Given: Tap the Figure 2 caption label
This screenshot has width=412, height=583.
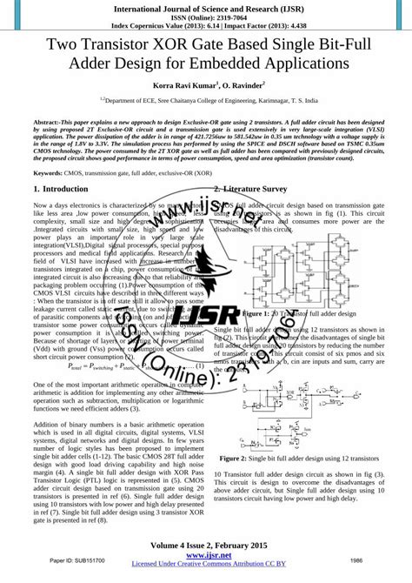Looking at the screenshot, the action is pos(235,458).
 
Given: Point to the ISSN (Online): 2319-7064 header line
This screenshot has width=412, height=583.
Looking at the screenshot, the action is pos(205,16).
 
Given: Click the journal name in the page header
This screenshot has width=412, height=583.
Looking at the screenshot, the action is pos(205,6).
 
